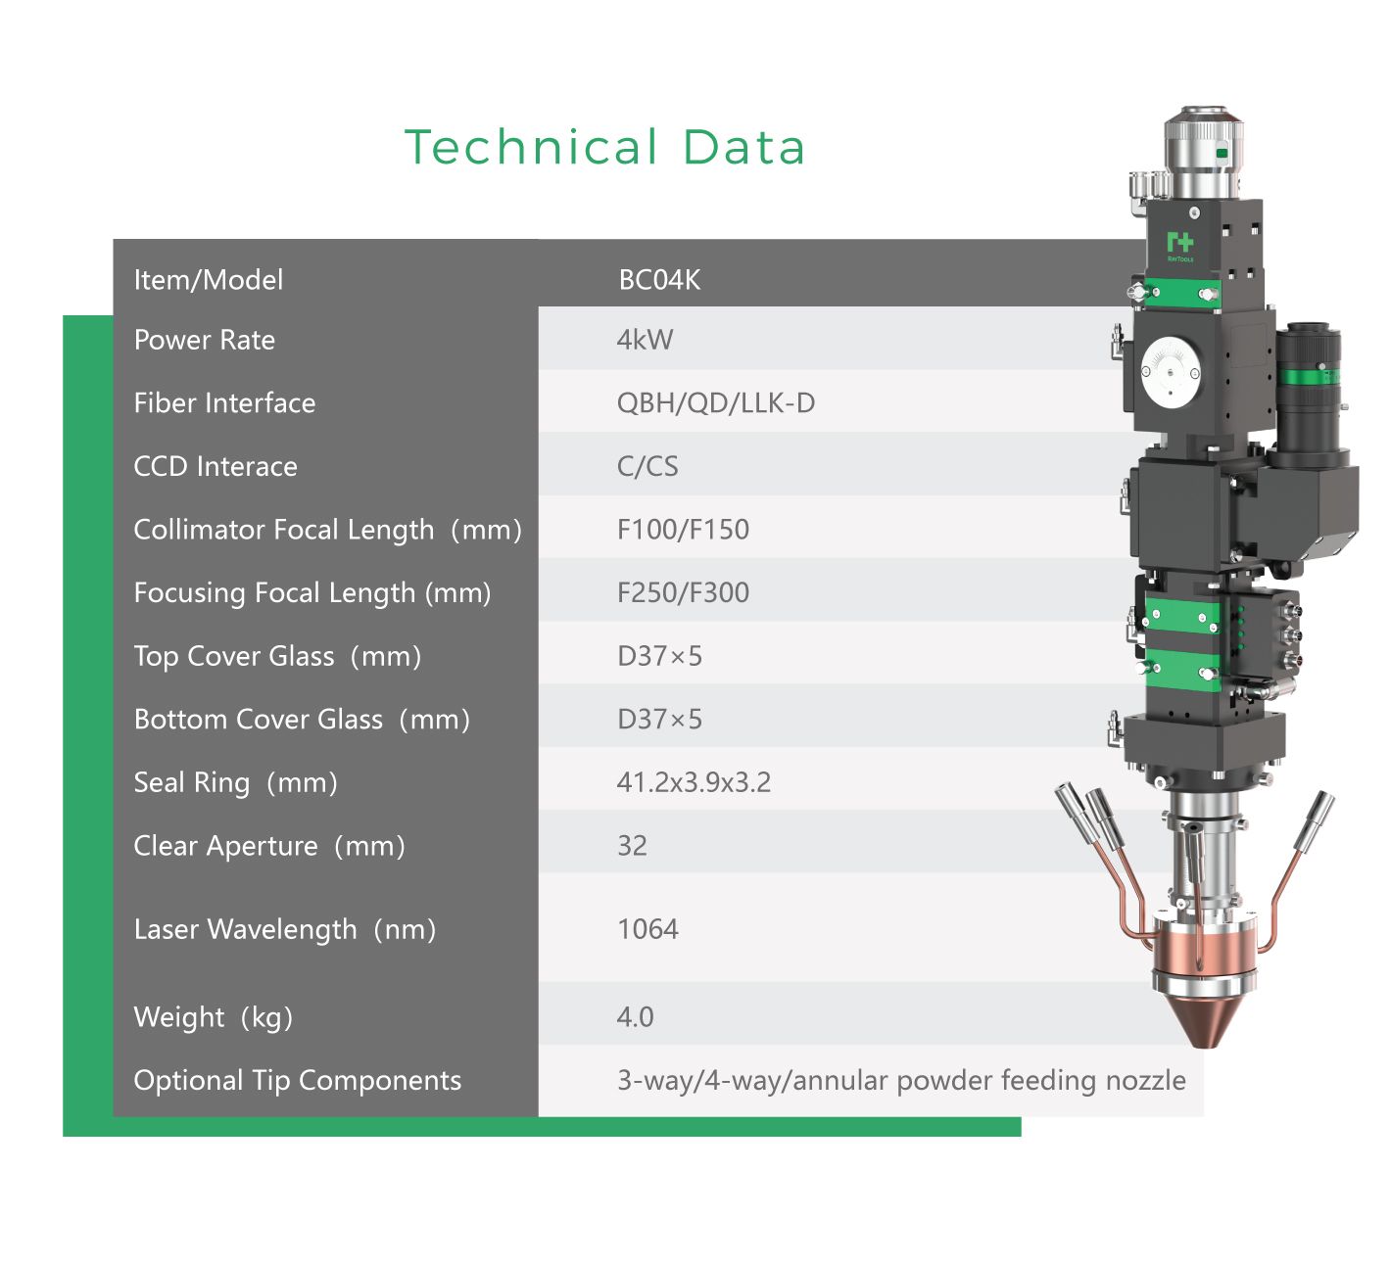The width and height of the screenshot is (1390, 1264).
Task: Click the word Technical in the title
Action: click(x=531, y=147)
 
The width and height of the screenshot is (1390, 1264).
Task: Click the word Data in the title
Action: click(x=743, y=147)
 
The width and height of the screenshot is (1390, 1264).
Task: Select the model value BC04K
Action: click(x=659, y=280)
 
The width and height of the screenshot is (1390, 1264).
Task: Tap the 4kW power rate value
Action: click(x=645, y=340)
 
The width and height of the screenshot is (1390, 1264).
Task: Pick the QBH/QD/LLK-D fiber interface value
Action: click(x=716, y=403)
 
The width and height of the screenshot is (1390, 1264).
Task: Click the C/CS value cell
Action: click(x=647, y=466)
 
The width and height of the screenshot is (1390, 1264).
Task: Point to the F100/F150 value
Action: click(x=683, y=529)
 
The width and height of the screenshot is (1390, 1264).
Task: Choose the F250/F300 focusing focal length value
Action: click(x=683, y=592)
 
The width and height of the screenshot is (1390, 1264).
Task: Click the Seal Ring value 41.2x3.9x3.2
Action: click(x=694, y=782)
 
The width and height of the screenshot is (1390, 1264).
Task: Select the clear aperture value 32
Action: click(x=632, y=846)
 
